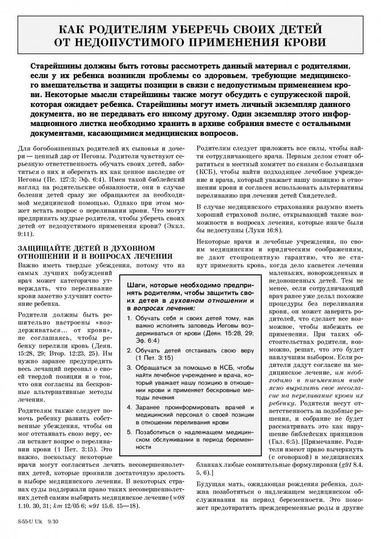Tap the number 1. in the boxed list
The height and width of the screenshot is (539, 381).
pyautogui.click(x=129, y=318)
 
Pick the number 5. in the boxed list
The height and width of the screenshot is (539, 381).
pyautogui.click(x=129, y=431)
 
